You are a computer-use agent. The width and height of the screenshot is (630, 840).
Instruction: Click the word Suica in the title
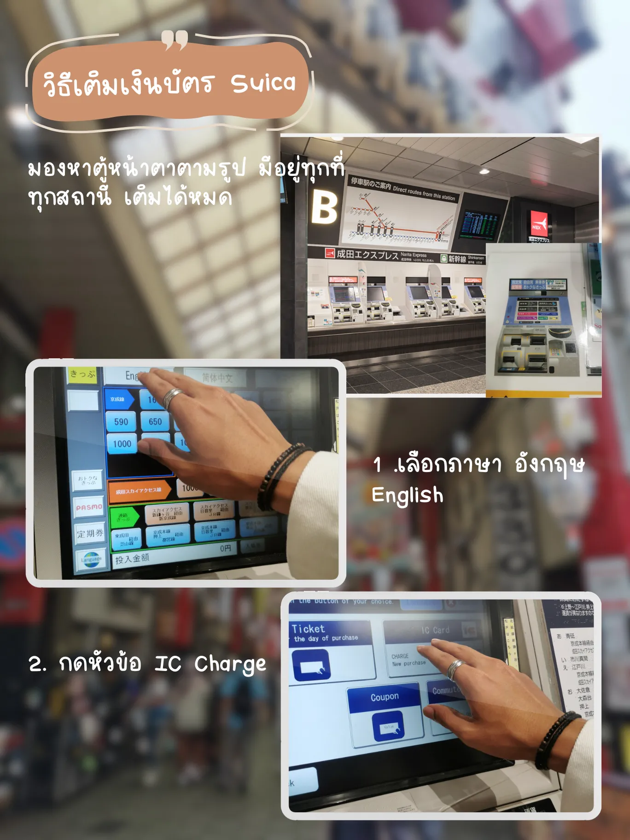click(x=262, y=83)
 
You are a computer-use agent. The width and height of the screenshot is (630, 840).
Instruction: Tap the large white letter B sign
click(x=324, y=207)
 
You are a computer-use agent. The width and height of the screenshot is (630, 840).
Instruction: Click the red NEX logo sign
click(x=538, y=224)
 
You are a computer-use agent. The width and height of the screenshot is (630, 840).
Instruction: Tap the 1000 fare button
click(x=122, y=444)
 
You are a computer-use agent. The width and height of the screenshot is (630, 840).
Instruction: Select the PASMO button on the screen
click(x=89, y=507)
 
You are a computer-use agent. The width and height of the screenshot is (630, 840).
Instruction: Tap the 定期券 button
click(x=90, y=534)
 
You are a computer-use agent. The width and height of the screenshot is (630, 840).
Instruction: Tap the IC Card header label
click(x=435, y=630)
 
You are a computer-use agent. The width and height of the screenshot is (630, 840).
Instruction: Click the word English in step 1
click(x=407, y=496)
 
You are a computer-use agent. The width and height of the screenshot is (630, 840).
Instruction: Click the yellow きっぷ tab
click(x=83, y=374)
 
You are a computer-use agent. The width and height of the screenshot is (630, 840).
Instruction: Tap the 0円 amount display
click(x=225, y=548)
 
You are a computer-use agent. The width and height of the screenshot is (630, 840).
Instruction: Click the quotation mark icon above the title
click(x=175, y=40)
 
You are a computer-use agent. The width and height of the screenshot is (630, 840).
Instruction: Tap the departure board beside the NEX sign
click(x=480, y=225)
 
